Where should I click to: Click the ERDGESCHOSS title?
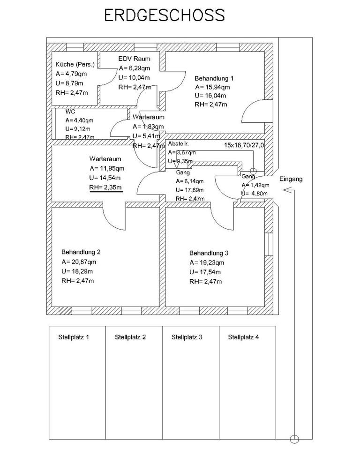coord(164,15)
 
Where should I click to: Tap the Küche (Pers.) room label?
coord(75,64)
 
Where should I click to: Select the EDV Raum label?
coord(134,59)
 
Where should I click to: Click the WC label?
coord(71,112)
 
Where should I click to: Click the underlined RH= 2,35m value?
coord(106,187)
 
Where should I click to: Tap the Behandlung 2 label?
coord(81,251)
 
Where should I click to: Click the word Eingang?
coord(291,179)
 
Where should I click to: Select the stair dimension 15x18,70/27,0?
coord(244,146)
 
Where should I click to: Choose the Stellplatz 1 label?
coord(74,337)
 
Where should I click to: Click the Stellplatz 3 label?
coord(187,337)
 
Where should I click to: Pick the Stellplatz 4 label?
coord(243,337)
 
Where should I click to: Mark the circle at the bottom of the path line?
coord(294,439)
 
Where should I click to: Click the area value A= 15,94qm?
coord(213,87)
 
